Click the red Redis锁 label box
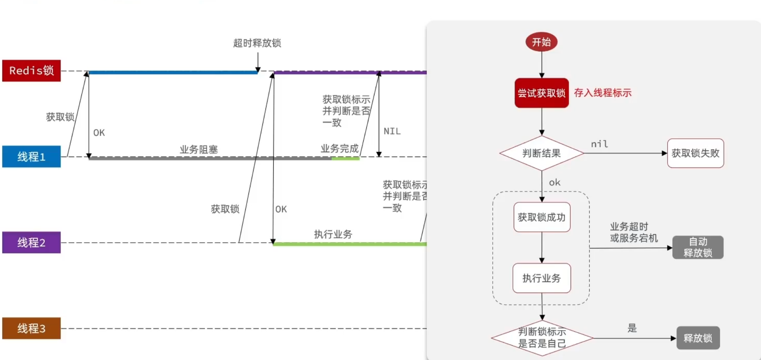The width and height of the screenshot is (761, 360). pos(31,71)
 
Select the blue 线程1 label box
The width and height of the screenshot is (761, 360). pos(31,157)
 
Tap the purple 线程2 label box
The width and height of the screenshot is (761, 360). pos(31,243)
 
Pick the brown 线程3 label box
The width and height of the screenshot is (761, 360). pos(31,328)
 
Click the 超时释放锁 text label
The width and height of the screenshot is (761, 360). pos(257,43)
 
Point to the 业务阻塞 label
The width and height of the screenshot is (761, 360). pos(198,150)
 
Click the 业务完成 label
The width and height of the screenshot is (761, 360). pos(339,149)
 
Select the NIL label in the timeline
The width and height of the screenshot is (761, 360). pos(392,131)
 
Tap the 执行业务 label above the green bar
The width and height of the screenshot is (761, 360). pos(333,234)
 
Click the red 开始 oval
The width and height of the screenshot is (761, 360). pos(541,42)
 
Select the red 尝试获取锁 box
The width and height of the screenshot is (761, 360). pos(541,93)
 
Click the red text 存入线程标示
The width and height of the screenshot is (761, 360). pos(602,93)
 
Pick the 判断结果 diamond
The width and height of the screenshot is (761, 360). pos(541,153)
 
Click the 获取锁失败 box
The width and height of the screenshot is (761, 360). pos(695,153)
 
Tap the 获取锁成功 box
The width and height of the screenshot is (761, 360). pos(542,217)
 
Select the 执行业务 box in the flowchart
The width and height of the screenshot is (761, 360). pos(542,278)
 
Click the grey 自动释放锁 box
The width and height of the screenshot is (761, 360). pos(697,247)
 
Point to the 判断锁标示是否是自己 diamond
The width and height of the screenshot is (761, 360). pos(542,338)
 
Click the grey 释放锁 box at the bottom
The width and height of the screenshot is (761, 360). pos(698,338)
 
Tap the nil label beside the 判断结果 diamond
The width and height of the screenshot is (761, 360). pos(599,144)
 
